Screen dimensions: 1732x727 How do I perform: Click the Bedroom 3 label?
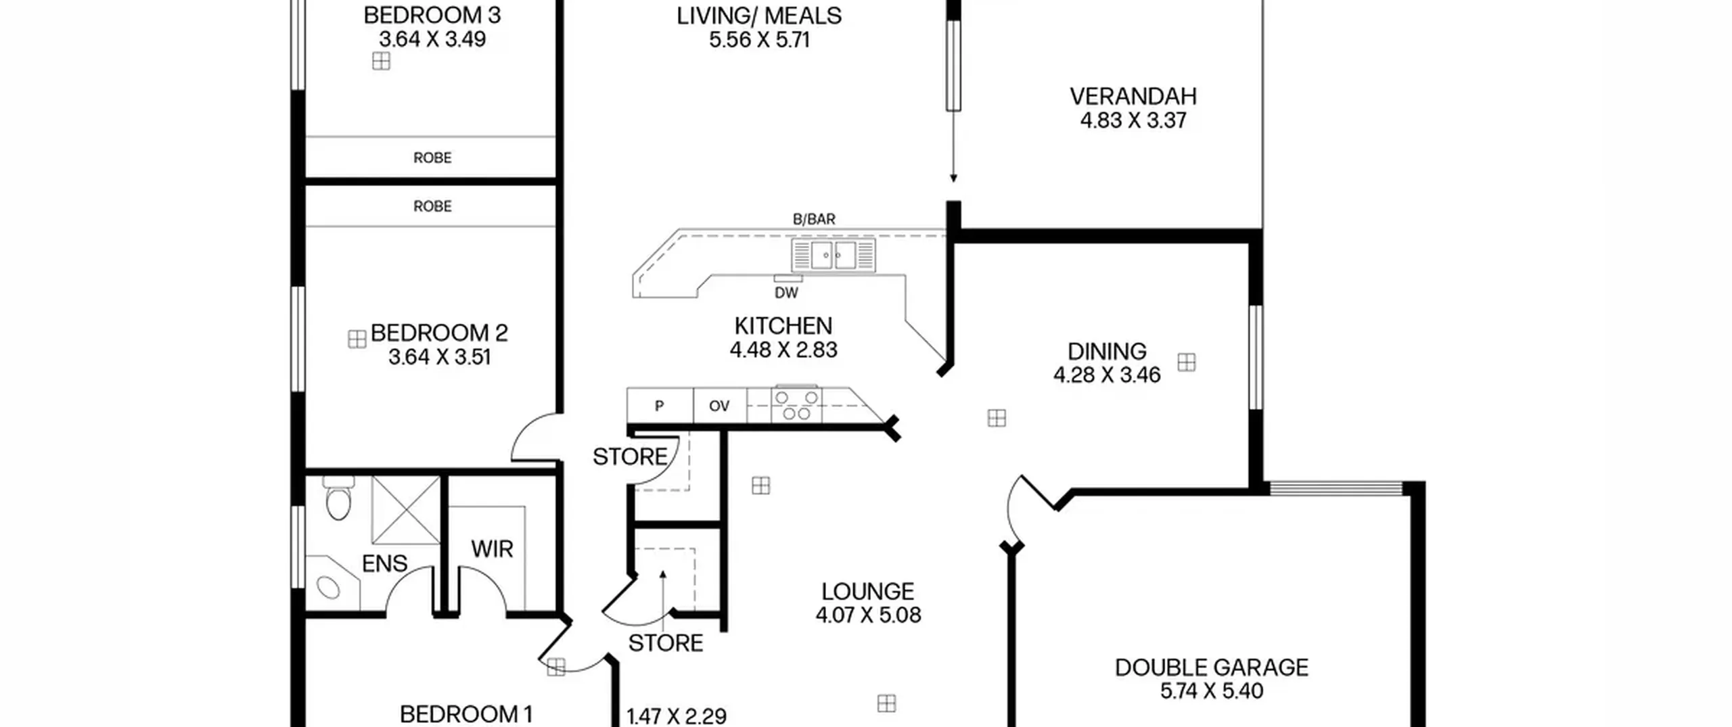432,15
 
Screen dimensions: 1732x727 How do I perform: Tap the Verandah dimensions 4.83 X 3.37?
1133,120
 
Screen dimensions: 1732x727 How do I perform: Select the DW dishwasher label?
786,293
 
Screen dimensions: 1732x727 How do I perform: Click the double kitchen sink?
834,256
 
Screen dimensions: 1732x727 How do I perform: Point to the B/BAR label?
814,219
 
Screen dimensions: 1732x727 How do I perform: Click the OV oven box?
720,406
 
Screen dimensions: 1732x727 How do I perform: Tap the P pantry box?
660,406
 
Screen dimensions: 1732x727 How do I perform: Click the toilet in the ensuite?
338,498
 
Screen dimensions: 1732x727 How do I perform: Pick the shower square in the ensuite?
406,510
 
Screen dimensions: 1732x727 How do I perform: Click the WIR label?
492,549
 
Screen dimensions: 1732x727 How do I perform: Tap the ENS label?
384,563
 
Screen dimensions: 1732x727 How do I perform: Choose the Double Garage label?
1211,667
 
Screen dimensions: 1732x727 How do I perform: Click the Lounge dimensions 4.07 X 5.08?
868,615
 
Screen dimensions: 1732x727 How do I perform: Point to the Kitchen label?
783,326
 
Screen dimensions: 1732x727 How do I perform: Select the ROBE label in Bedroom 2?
432,206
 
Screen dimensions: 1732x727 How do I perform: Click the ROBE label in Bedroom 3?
432,158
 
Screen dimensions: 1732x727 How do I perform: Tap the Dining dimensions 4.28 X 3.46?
1107,375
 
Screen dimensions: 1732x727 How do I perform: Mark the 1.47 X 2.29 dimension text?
677,716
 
